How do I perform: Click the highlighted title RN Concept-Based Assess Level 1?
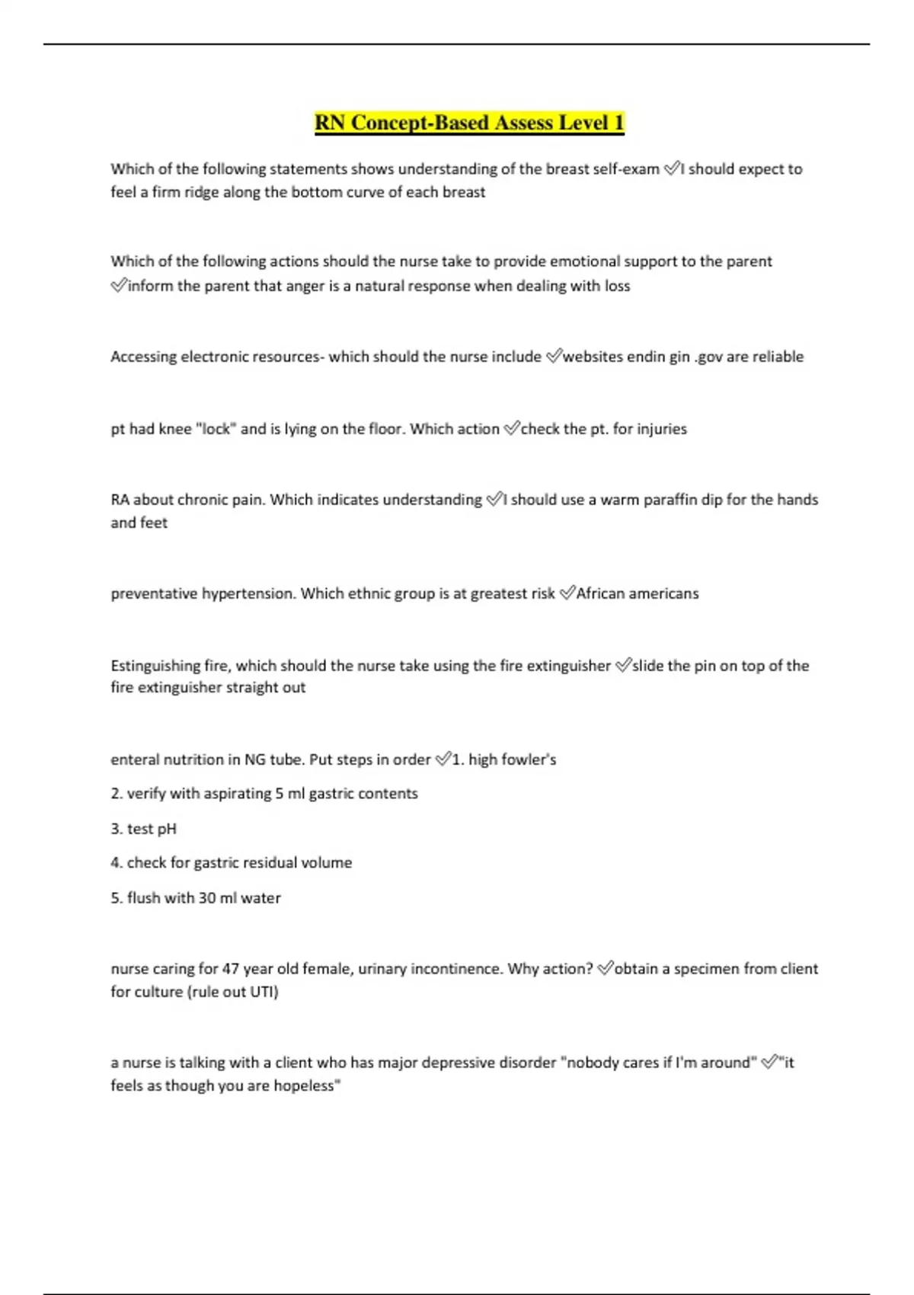pos(469,123)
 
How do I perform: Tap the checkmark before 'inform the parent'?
pos(119,286)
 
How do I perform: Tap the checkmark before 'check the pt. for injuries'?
pos(511,429)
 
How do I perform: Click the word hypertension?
pos(248,593)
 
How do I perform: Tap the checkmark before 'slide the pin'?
pos(622,666)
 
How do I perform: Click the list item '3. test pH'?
pos(143,829)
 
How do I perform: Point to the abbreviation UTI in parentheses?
pos(261,992)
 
